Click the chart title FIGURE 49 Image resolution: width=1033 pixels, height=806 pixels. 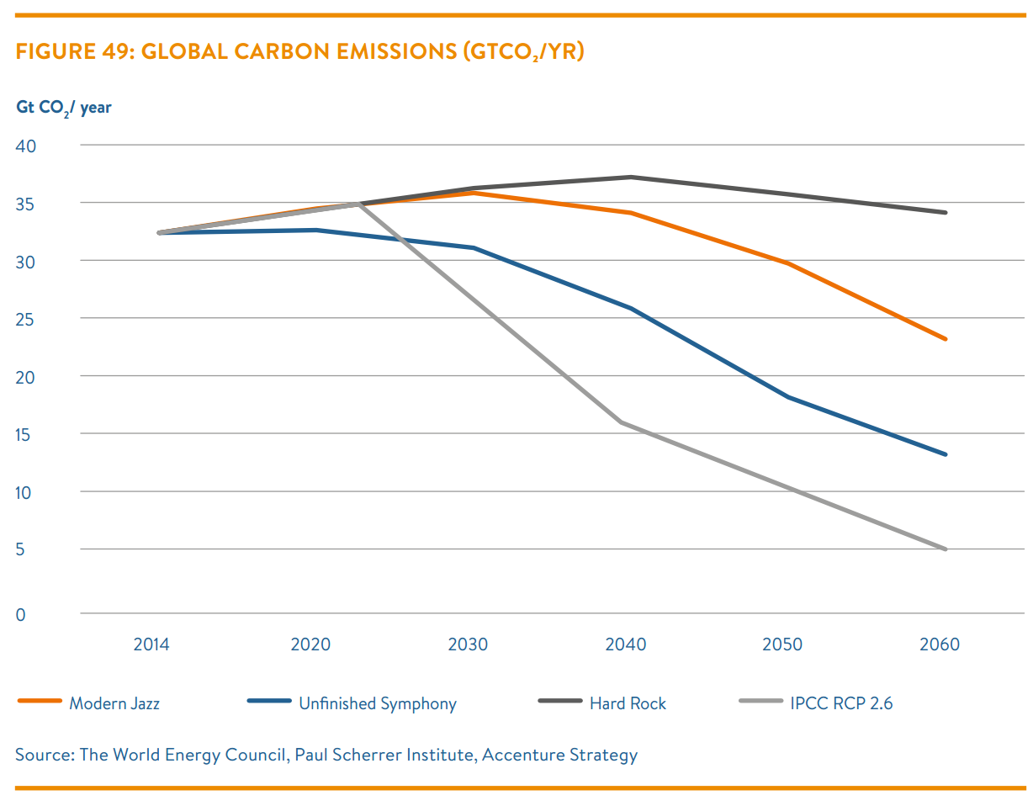pyautogui.click(x=299, y=52)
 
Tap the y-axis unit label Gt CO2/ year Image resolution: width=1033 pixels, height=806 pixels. pyautogui.click(x=63, y=108)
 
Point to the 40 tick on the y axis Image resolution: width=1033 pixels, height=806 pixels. pyautogui.click(x=26, y=146)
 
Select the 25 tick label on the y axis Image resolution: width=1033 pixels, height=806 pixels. pyautogui.click(x=26, y=319)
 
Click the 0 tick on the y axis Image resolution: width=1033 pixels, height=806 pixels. pyautogui.click(x=20, y=615)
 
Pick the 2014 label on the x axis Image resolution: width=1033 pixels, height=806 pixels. pyautogui.click(x=151, y=645)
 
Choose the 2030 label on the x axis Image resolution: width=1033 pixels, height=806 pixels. pyautogui.click(x=469, y=645)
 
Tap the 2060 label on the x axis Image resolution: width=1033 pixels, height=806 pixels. pyautogui.click(x=940, y=645)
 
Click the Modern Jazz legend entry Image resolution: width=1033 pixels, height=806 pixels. pyautogui.click(x=114, y=703)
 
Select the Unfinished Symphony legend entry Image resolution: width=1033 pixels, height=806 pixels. pyautogui.click(x=377, y=703)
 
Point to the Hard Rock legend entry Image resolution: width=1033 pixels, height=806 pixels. pyautogui.click(x=628, y=703)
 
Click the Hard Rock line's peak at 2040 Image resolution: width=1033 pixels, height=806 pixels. pyautogui.click(x=631, y=177)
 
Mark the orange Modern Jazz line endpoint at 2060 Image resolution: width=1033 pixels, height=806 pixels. pyautogui.click(x=946, y=339)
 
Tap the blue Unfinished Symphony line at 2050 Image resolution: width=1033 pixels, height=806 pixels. pyautogui.click(x=788, y=397)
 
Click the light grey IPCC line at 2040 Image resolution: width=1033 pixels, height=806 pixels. pyautogui.click(x=622, y=422)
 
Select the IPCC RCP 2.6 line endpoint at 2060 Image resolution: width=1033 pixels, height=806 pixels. pyautogui.click(x=946, y=549)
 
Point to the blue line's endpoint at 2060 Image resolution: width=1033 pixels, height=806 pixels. pyautogui.click(x=946, y=454)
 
